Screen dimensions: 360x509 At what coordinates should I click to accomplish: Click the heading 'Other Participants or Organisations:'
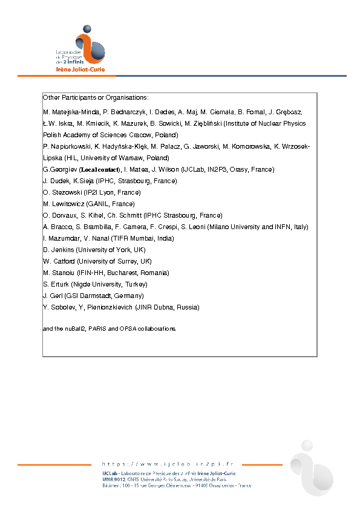96,97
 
